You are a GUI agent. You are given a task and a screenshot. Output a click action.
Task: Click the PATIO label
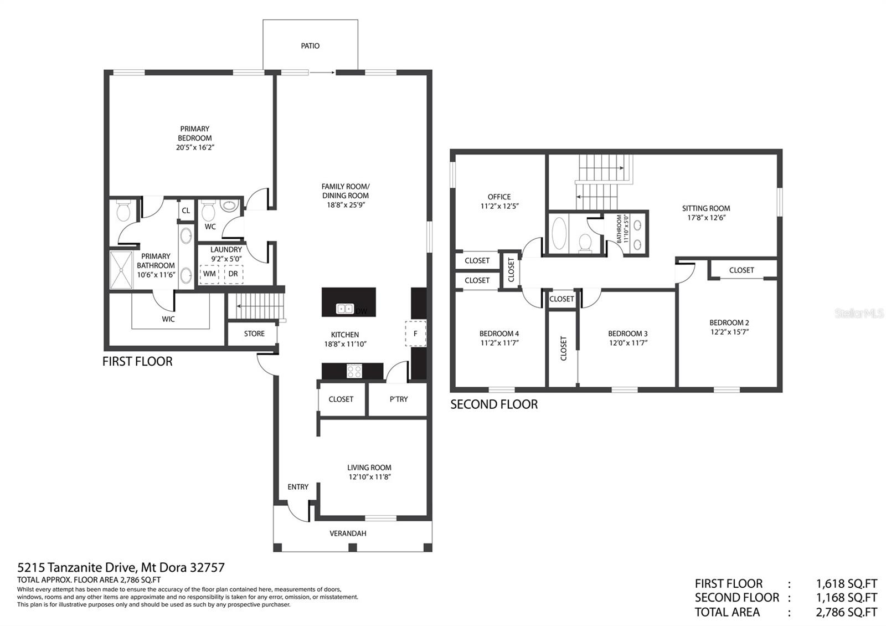[310, 46]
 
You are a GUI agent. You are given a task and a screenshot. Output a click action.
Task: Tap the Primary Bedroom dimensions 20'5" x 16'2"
[195, 147]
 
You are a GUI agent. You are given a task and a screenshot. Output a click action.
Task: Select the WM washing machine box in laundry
[209, 274]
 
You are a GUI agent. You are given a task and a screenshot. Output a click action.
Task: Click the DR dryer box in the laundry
[233, 274]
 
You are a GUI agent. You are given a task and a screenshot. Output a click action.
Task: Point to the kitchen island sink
[344, 309]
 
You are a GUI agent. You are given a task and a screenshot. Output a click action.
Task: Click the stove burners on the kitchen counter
[354, 371]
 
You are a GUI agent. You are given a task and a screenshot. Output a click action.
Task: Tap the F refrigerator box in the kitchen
[415, 333]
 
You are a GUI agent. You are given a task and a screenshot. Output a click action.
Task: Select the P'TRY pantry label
[398, 399]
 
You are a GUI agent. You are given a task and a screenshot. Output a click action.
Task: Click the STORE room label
[254, 333]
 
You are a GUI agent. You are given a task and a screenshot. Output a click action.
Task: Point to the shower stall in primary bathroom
[121, 270]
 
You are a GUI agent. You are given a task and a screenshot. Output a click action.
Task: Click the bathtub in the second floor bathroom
[559, 233]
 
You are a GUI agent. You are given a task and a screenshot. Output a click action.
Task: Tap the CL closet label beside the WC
[186, 211]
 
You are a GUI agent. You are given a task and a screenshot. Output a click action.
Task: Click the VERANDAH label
[348, 533]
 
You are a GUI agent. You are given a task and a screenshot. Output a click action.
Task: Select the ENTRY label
[298, 487]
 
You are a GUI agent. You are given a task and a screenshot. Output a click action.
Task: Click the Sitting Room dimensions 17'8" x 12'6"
[706, 218]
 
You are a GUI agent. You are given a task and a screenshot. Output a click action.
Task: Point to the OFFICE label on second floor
[499, 197]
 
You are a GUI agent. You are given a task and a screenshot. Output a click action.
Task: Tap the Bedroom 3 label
[628, 333]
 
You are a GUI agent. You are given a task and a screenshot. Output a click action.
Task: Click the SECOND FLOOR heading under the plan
[494, 404]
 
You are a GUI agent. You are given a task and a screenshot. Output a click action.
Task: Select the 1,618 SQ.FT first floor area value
[847, 584]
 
